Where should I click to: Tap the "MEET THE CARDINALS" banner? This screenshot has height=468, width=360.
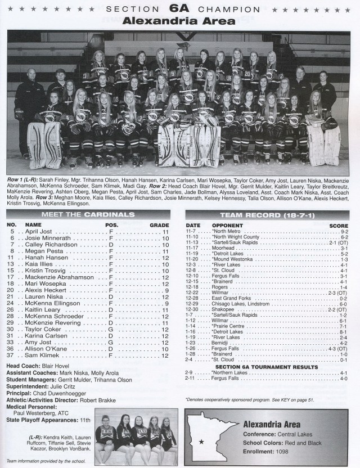pos(91,214)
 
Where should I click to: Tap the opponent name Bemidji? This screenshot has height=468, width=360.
pos(220,343)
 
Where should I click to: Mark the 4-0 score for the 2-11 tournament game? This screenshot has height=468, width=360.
pos(344,379)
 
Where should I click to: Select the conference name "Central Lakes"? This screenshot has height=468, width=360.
pos(295,434)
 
